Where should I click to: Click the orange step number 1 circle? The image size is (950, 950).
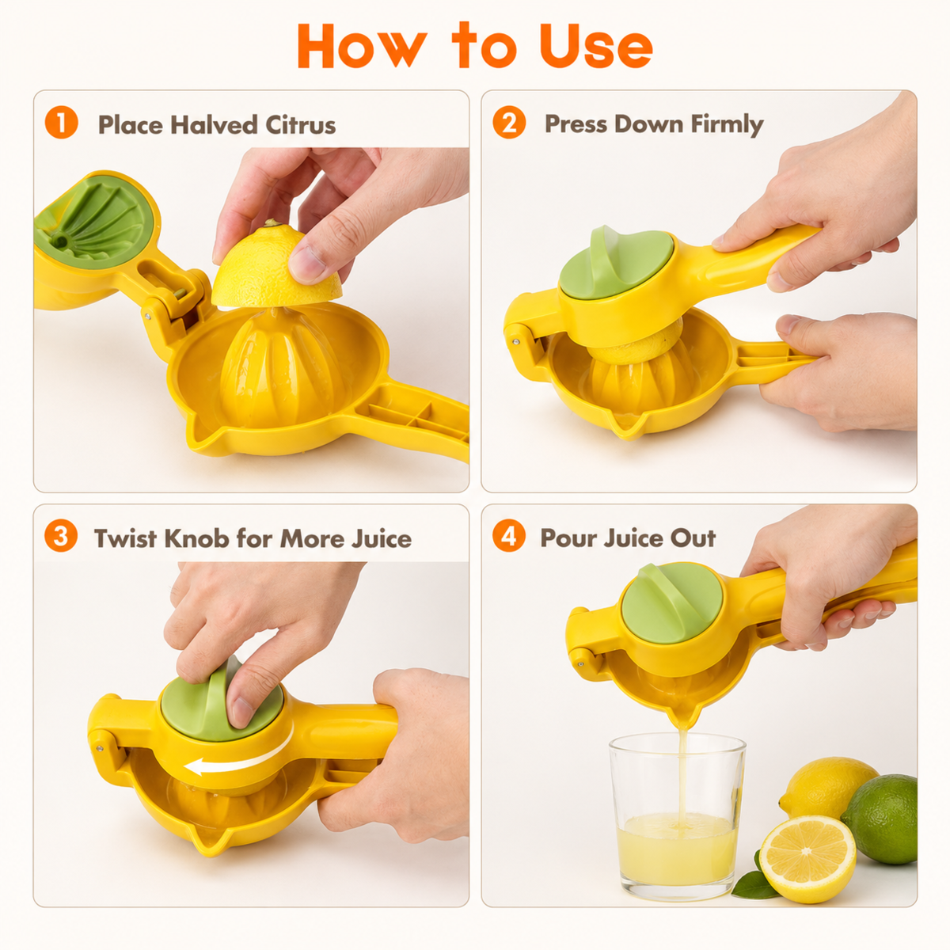pos(62,123)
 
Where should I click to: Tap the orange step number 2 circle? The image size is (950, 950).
pos(509,122)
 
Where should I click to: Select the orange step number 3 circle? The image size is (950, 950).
pos(61,536)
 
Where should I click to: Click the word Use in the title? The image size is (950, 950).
pos(597,45)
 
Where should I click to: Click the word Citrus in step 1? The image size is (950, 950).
pos(301,125)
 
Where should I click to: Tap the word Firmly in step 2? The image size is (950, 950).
pos(727,124)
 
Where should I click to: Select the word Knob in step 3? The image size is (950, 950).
pos(196,538)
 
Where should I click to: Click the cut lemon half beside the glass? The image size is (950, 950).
pos(807,859)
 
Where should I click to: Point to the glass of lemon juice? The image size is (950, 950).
pos(678,816)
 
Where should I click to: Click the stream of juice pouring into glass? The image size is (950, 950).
pos(682,779)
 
